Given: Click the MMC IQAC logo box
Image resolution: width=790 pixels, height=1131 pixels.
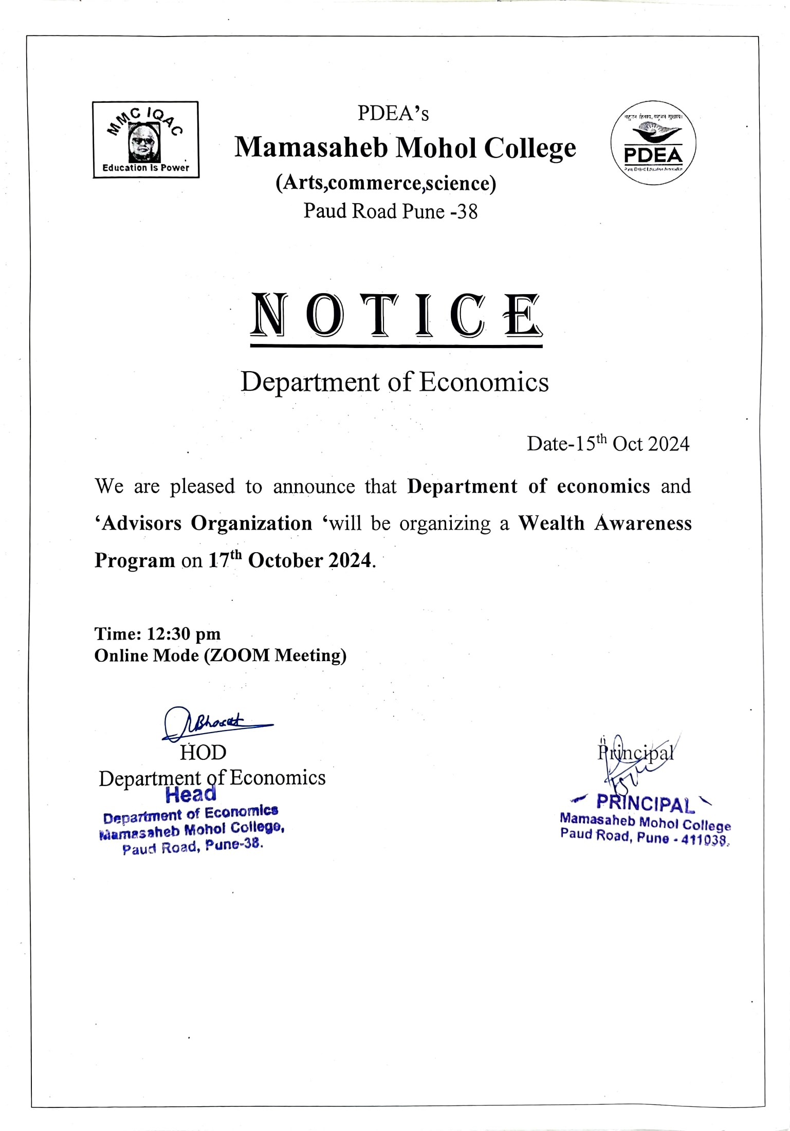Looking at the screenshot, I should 145,139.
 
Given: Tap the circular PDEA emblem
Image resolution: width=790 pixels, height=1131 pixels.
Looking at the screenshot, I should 653,143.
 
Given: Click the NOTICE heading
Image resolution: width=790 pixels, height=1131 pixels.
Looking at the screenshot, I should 396,315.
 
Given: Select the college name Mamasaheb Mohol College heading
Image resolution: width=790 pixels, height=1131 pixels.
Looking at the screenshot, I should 405,148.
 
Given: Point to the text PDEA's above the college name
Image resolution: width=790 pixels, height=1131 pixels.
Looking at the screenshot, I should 393,114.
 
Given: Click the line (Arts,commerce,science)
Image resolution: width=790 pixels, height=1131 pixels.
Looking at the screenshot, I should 386,183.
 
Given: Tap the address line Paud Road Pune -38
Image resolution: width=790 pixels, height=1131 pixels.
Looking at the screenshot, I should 390,211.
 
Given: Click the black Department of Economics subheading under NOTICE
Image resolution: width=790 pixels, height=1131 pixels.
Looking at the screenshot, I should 395,382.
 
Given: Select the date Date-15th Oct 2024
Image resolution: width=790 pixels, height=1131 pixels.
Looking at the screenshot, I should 608,444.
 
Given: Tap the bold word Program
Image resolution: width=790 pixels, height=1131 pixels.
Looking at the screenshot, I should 135,560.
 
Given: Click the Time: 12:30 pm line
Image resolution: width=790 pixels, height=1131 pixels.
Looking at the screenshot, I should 157,634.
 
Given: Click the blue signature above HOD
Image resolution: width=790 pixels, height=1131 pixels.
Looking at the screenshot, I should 216,723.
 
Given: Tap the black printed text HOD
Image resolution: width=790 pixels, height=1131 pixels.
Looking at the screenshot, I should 203,753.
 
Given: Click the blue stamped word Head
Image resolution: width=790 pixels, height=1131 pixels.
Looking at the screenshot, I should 191,795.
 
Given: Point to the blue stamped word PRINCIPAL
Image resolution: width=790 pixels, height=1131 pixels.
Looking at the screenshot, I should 645,804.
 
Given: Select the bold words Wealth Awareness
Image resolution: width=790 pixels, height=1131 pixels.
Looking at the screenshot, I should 604,523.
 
